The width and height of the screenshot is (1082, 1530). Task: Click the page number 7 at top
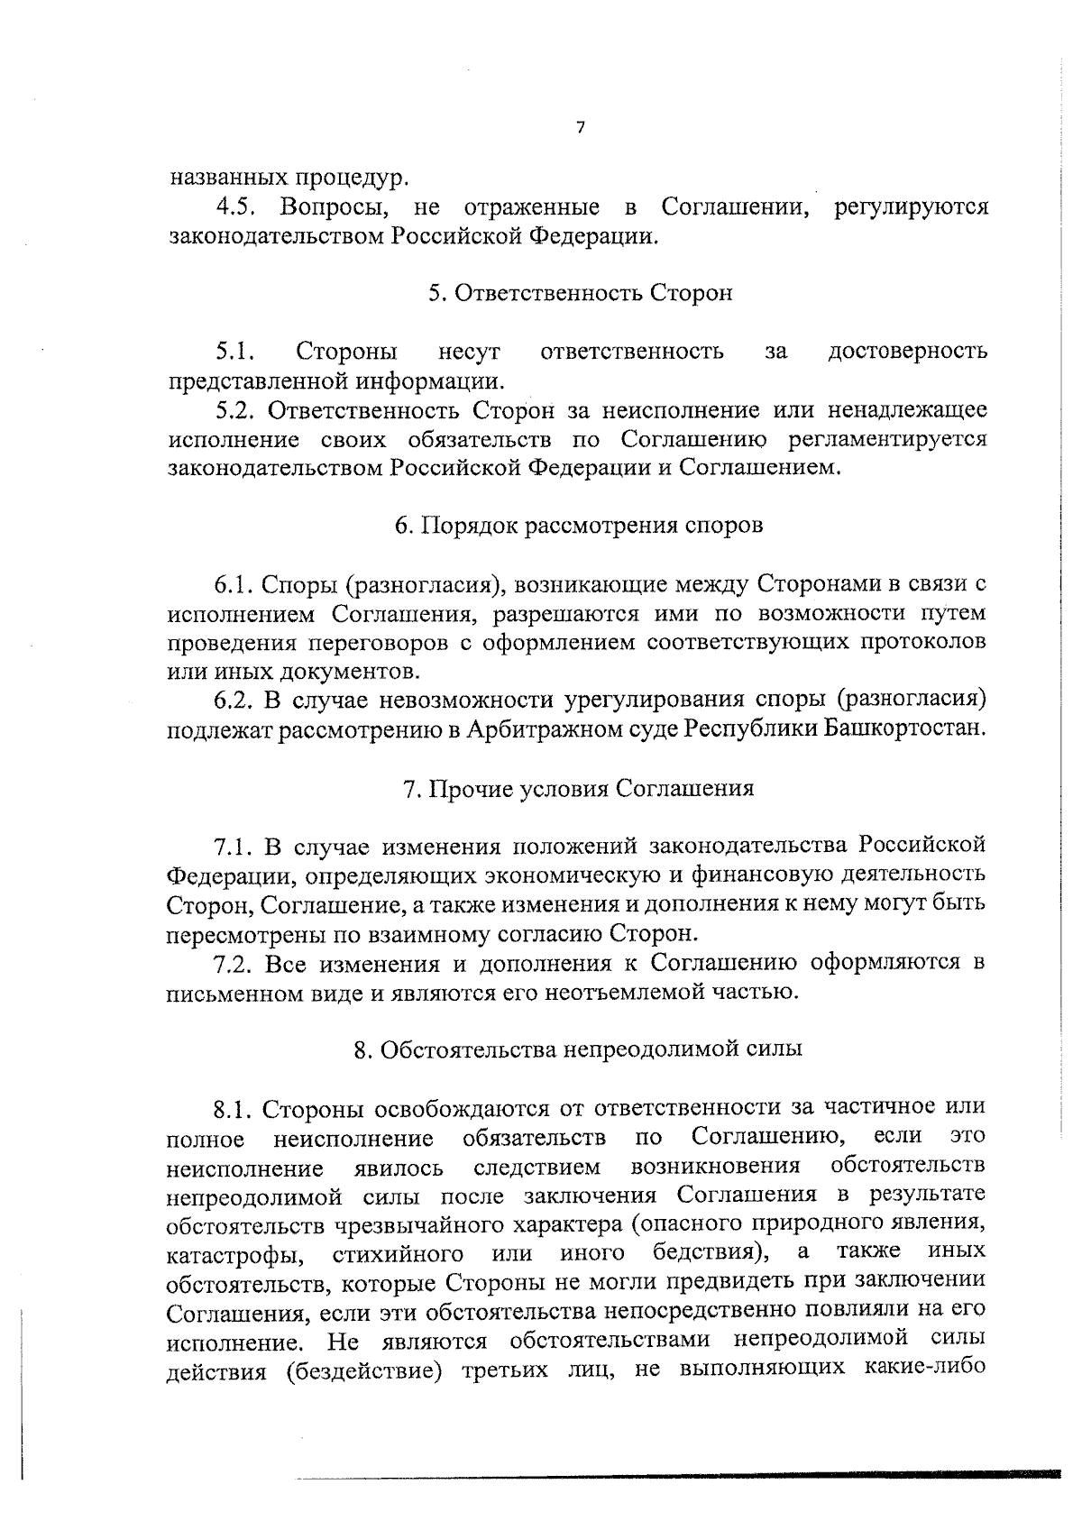[580, 128]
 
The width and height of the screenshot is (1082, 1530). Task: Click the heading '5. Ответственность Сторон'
[580, 294]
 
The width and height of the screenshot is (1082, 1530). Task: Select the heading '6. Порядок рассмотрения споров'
[579, 527]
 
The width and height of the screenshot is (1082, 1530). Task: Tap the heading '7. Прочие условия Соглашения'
[578, 789]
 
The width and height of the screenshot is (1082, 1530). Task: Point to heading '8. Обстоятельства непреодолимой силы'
[578, 1050]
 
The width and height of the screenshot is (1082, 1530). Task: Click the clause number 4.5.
[238, 207]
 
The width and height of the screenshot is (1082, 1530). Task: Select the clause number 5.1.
[238, 352]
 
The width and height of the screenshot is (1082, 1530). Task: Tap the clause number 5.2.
[237, 411]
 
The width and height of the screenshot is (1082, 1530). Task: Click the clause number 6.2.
[237, 701]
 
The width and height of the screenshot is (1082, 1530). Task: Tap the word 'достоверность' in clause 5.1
[907, 352]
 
